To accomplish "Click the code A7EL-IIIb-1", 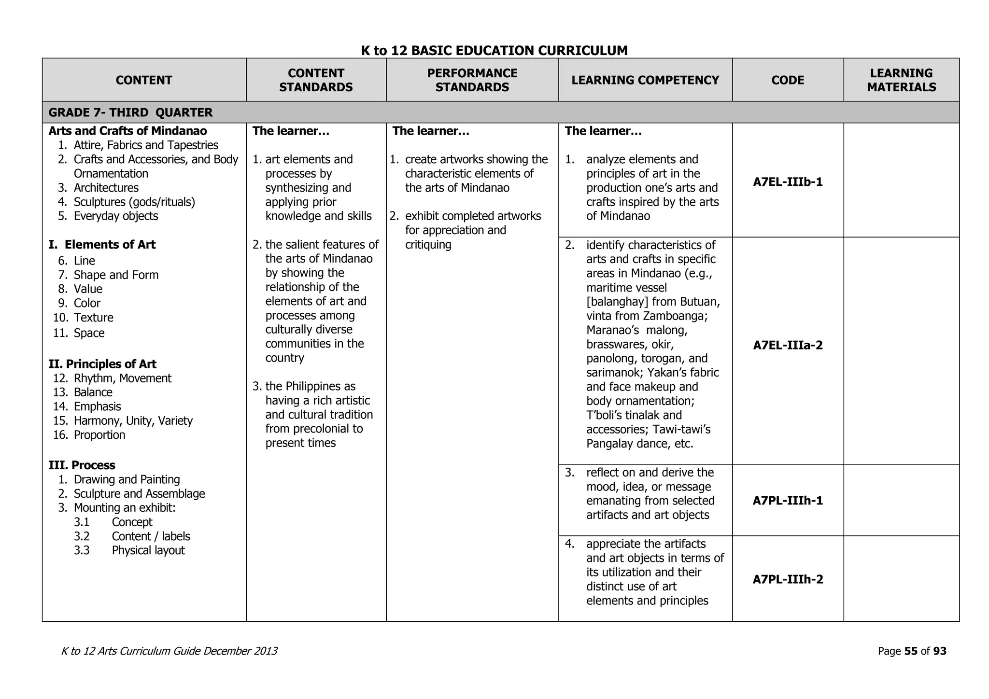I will point(788,182).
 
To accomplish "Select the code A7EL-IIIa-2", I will point(788,345).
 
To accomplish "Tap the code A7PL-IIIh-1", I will point(788,501).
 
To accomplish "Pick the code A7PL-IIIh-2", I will point(788,579).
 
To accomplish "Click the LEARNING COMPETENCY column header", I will point(645,80).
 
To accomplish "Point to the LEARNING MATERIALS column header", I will point(901,80).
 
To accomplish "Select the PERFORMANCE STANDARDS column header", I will point(472,80).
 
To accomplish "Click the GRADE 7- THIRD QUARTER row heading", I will point(130,112).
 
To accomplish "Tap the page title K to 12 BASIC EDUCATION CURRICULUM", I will point(494,50).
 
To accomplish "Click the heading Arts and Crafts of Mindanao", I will point(127,131).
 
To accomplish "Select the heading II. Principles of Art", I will point(102,364).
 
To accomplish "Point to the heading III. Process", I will point(82,465).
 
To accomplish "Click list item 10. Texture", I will point(93,318).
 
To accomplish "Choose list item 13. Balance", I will point(93,392).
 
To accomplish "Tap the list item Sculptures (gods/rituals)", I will point(134,202).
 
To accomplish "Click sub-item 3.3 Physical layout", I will point(148,550).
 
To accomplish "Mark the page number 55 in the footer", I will point(910,651).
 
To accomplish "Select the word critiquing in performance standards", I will point(428,245).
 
